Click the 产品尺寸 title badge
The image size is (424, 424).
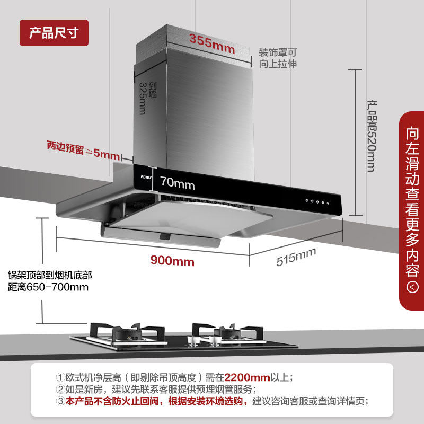point(54,33)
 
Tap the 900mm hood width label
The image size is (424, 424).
point(172,261)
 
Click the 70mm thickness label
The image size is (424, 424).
point(178,184)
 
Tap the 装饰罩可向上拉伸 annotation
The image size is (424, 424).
point(277,58)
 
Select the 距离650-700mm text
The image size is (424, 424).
point(48,287)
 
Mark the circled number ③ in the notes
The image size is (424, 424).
point(60,401)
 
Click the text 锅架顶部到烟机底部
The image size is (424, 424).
point(50,276)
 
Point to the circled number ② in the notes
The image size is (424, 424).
point(60,390)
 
